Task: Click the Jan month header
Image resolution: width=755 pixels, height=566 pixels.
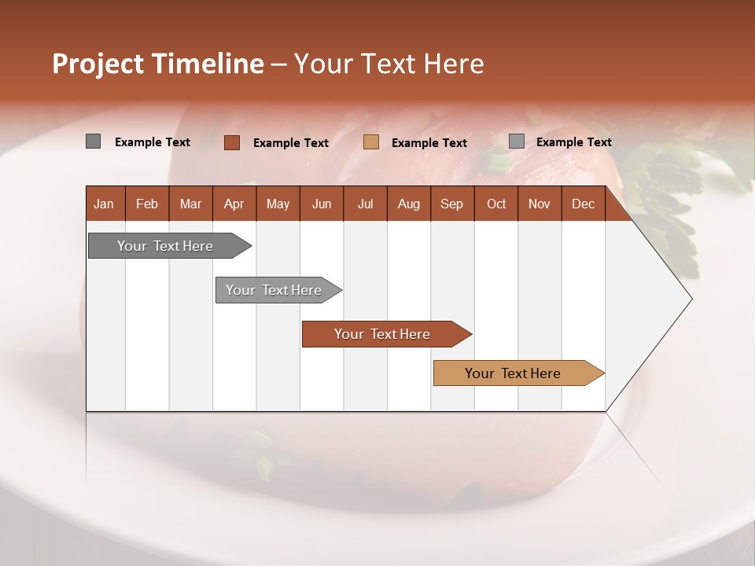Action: click(x=104, y=204)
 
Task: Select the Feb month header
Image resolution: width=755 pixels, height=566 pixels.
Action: click(x=147, y=204)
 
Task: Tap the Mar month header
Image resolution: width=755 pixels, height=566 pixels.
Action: click(x=190, y=204)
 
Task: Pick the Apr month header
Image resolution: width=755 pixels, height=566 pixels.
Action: click(x=234, y=204)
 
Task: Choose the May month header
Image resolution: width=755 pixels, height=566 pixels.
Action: click(x=278, y=204)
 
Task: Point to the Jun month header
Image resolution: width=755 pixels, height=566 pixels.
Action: click(x=322, y=204)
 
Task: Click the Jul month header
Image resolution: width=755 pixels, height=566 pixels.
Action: click(x=365, y=204)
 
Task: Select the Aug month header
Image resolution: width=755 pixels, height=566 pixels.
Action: click(x=409, y=204)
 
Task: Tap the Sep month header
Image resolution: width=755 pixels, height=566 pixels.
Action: click(x=452, y=204)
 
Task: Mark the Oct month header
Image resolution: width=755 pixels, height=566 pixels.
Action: click(x=496, y=204)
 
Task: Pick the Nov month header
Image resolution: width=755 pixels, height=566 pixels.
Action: click(x=540, y=204)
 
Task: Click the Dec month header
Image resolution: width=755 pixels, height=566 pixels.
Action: click(x=584, y=204)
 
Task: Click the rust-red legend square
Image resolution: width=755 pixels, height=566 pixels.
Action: click(x=232, y=142)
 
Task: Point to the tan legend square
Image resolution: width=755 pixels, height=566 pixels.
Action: click(x=371, y=142)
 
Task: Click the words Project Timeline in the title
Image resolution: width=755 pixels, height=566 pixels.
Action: click(x=158, y=64)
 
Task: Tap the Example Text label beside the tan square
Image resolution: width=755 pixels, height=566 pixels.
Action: click(x=429, y=143)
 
